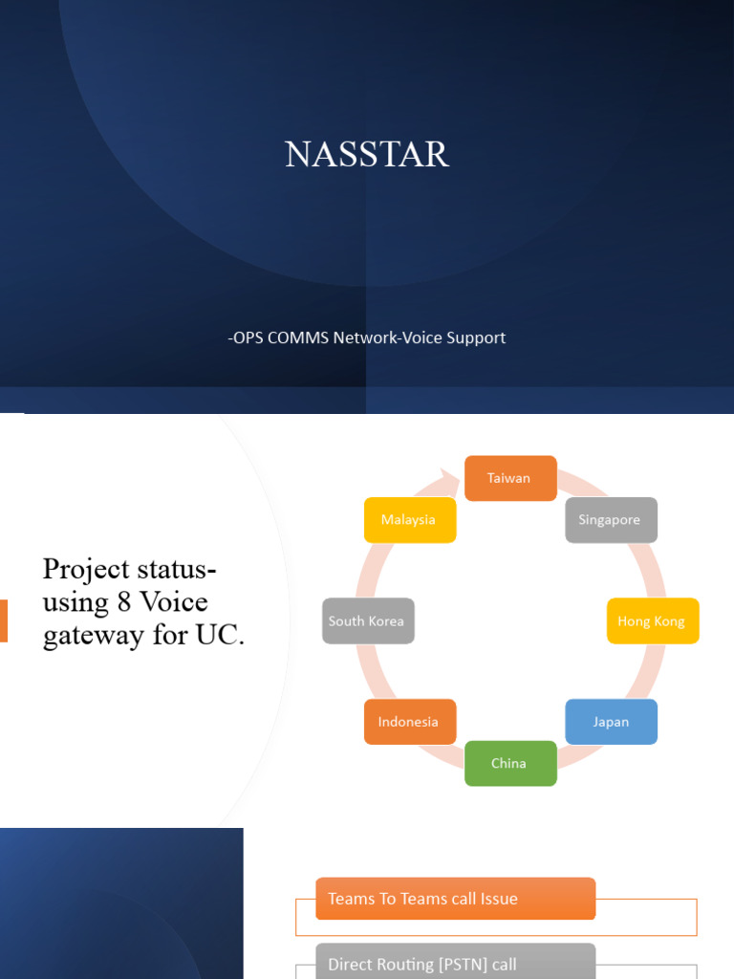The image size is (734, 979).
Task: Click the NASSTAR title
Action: click(x=367, y=154)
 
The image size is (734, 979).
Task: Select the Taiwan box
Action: click(x=510, y=478)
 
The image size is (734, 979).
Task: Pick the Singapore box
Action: click(x=611, y=520)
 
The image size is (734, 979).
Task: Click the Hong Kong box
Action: click(x=653, y=621)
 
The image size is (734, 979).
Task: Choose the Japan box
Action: click(x=611, y=722)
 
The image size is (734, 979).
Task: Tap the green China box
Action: click(x=510, y=763)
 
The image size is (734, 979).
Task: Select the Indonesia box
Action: click(x=409, y=722)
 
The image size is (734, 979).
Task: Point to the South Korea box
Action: click(x=368, y=621)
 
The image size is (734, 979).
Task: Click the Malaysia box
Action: click(x=409, y=520)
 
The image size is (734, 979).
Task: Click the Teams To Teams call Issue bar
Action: click(x=455, y=899)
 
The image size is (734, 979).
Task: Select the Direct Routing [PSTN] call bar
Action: click(x=455, y=963)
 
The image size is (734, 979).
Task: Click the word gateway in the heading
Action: click(x=84, y=636)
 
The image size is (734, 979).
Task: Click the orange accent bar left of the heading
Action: click(x=4, y=620)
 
